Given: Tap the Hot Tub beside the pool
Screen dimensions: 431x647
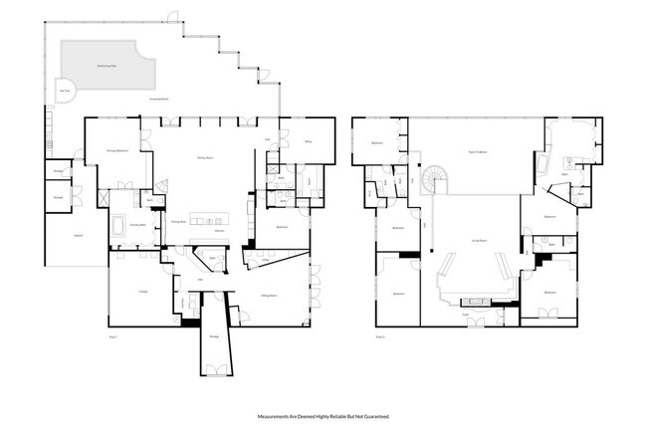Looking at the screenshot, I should [x=65, y=92].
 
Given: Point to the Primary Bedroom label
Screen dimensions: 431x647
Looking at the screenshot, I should [x=117, y=151].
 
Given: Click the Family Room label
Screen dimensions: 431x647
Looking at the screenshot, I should [x=206, y=156].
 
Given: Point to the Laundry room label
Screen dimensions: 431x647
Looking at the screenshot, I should [x=57, y=172].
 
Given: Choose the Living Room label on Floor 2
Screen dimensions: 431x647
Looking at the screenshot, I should [x=477, y=240].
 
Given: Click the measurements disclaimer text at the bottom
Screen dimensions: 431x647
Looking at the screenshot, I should [x=323, y=416].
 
